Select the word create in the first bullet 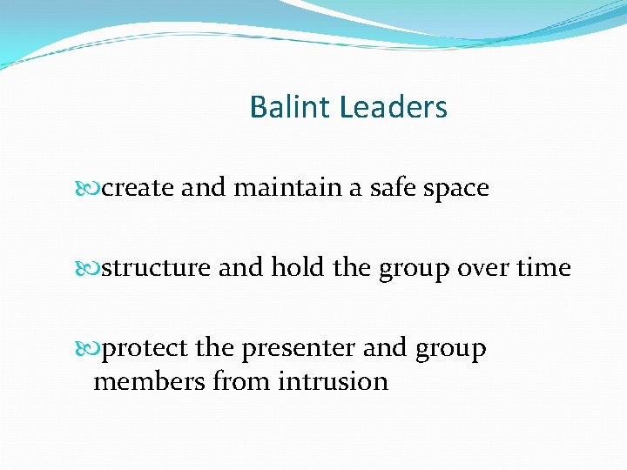(138, 187)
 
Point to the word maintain (287, 187)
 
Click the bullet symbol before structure (94, 268)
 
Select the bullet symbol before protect (94, 348)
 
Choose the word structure (157, 268)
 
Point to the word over (486, 268)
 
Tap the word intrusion (333, 380)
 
